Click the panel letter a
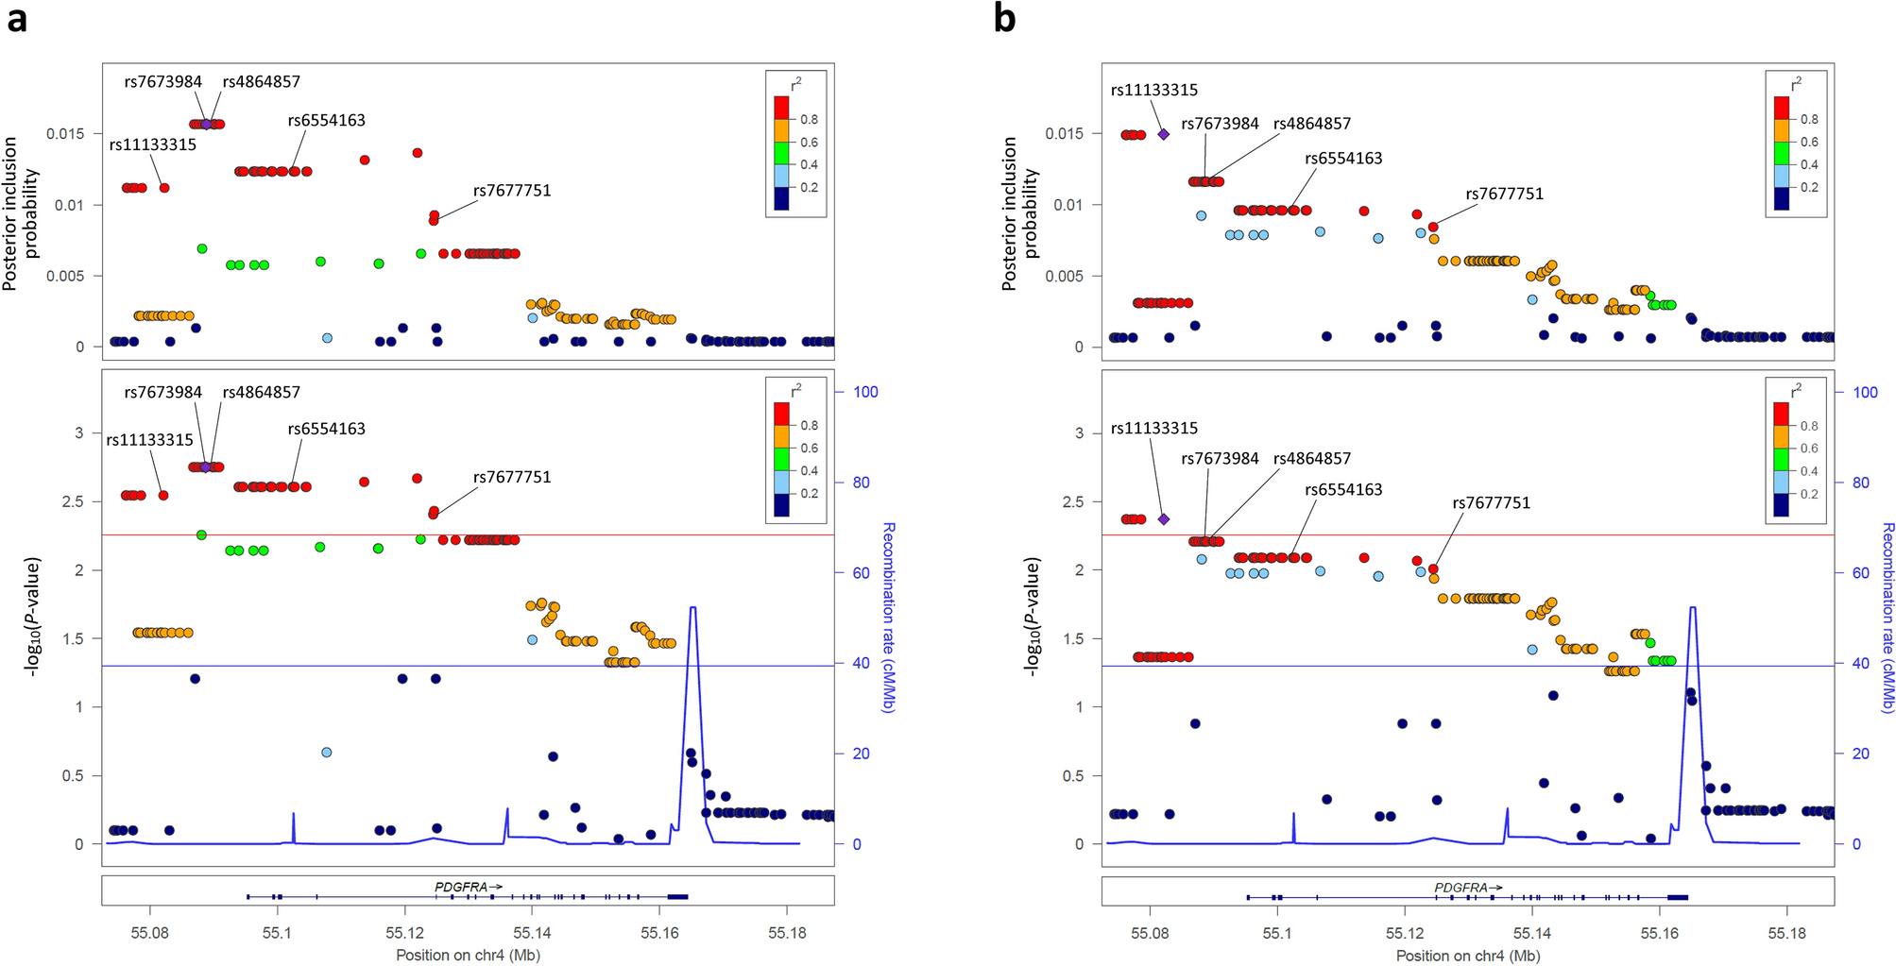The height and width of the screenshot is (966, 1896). click(x=16, y=18)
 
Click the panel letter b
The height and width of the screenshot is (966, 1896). click(x=1004, y=18)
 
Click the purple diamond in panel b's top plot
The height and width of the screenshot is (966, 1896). click(x=1164, y=134)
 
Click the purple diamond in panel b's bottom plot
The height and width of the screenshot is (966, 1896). click(x=1164, y=519)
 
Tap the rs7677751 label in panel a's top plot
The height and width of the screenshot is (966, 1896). click(x=512, y=191)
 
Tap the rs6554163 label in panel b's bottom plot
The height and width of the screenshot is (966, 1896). click(x=1343, y=490)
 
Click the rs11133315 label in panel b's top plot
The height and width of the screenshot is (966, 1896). click(x=1154, y=91)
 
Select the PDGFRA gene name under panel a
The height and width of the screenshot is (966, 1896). click(x=462, y=887)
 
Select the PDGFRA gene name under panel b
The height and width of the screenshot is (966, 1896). click(x=1461, y=888)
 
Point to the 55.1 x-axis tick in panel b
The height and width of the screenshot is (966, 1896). click(x=1277, y=933)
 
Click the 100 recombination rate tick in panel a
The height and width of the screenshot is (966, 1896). click(x=865, y=392)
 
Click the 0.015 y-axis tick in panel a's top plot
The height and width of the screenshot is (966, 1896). click(x=65, y=134)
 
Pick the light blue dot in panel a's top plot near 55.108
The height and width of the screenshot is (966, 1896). click(x=327, y=338)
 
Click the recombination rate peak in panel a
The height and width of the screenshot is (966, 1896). click(x=693, y=609)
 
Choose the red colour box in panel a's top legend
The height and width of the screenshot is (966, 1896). click(x=781, y=107)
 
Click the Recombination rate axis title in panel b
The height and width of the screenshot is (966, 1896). click(x=1887, y=618)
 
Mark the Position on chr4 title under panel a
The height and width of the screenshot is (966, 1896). click(x=468, y=955)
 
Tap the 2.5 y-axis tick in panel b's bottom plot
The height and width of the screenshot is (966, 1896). click(x=1073, y=501)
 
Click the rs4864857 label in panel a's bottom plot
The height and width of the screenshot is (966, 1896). click(x=262, y=393)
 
